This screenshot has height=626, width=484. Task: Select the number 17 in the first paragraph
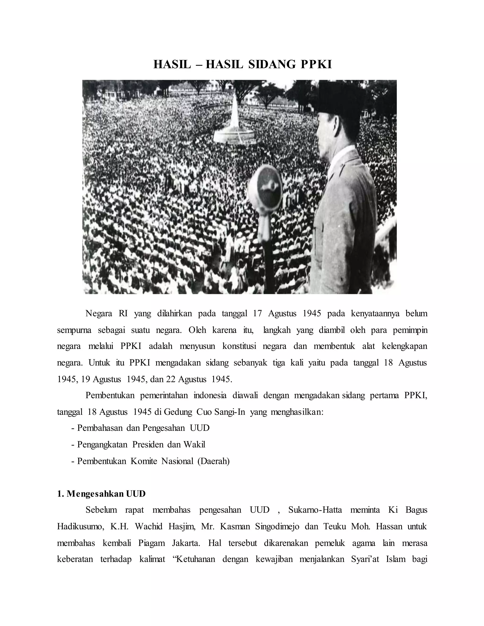258,313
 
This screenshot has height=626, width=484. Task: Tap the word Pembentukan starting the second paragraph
110,395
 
